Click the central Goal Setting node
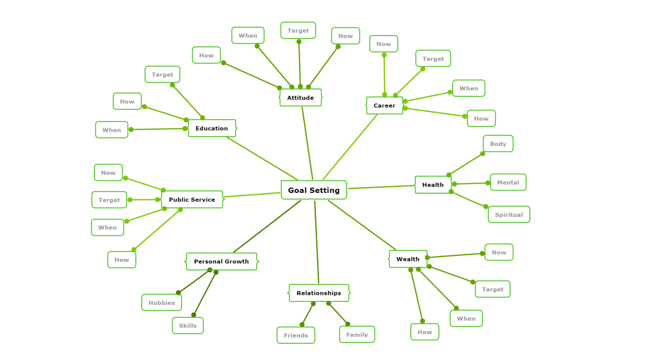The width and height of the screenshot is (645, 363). (314, 190)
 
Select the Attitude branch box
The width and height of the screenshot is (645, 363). (300, 97)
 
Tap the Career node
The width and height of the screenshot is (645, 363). (384, 105)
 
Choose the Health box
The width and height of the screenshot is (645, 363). (433, 185)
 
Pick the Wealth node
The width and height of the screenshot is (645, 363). (408, 259)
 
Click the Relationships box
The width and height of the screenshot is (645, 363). (319, 293)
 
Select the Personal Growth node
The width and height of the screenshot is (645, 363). (221, 261)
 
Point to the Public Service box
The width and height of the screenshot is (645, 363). (192, 200)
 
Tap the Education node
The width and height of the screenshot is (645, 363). (212, 128)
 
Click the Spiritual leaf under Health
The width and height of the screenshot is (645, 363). (509, 214)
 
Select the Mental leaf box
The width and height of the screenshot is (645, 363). (508, 182)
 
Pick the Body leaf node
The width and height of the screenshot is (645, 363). (498, 144)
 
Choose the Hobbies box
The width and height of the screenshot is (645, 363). (161, 302)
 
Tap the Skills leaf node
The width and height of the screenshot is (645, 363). (187, 326)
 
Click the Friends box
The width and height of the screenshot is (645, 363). (296, 335)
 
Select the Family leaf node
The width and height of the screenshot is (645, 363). (357, 334)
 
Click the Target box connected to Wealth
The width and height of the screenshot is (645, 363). (493, 289)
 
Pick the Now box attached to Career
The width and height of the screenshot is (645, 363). (383, 44)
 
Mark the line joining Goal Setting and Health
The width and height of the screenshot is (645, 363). (381, 187)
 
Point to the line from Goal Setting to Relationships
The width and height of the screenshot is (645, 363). (317, 242)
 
